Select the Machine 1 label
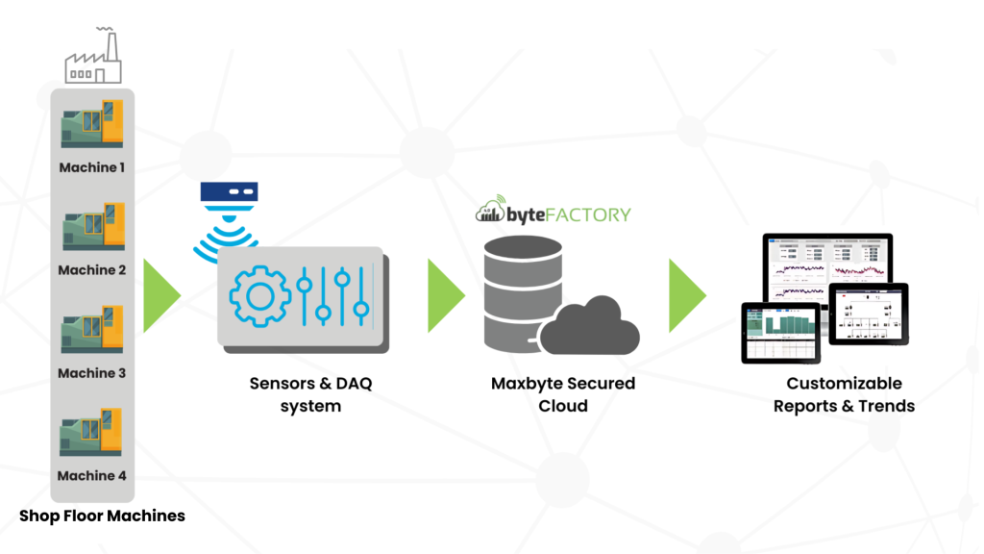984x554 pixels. coord(92,167)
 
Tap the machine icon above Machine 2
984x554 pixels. coord(92,227)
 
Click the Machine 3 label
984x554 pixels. coord(92,373)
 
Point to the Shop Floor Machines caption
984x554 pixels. coord(102,516)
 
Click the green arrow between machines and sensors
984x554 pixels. coord(160,295)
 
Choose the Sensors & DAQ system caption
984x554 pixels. coord(310,394)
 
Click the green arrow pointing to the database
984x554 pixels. coord(444,295)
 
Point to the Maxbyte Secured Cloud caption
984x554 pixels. coord(563,394)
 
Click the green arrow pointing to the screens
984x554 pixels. coord(686,295)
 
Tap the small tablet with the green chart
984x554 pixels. coord(780,332)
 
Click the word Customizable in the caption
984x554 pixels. coord(844,383)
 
